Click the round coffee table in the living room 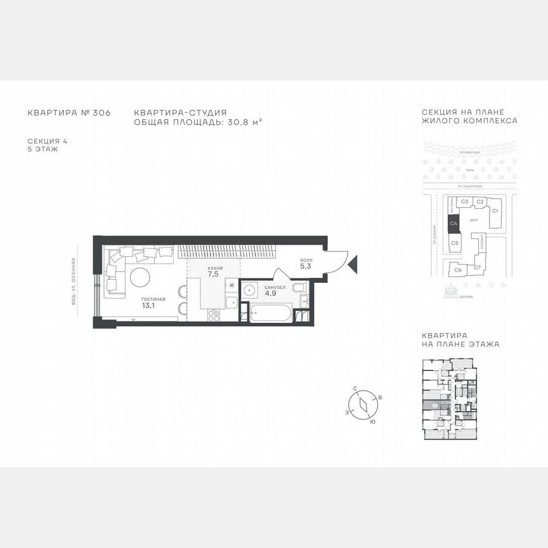tap(141, 277)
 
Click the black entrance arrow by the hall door tap(354, 261)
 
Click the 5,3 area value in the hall tap(306, 266)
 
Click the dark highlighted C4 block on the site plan tap(453, 223)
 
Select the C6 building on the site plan tap(457, 270)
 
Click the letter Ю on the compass tap(372, 421)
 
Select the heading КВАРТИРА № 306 tap(69, 113)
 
